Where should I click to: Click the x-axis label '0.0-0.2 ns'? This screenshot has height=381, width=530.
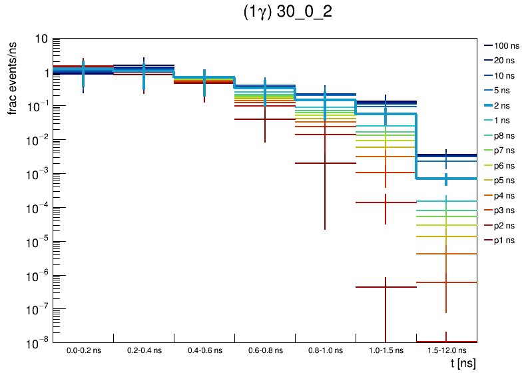coord(83,350)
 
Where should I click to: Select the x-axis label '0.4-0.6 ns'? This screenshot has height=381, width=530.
coord(204,350)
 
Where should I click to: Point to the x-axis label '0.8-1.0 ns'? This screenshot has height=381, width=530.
coord(325,350)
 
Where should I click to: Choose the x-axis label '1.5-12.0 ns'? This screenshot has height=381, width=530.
coord(446,350)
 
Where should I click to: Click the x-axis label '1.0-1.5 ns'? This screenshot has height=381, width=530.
coord(386,350)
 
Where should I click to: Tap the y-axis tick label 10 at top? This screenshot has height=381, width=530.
coord(41,39)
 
